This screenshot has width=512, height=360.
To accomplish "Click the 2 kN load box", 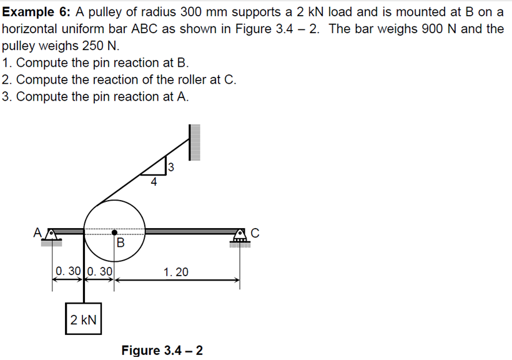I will (x=83, y=320).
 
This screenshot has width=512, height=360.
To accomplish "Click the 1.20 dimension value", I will (x=175, y=272).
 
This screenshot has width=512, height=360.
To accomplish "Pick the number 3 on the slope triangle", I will (x=170, y=167).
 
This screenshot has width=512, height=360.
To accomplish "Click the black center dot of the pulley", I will (x=115, y=231).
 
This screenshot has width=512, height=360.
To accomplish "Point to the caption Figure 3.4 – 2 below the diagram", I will (x=162, y=350).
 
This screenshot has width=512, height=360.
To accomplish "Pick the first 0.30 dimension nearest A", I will (x=67, y=272).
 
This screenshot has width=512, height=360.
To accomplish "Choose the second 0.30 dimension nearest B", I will (x=99, y=272).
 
